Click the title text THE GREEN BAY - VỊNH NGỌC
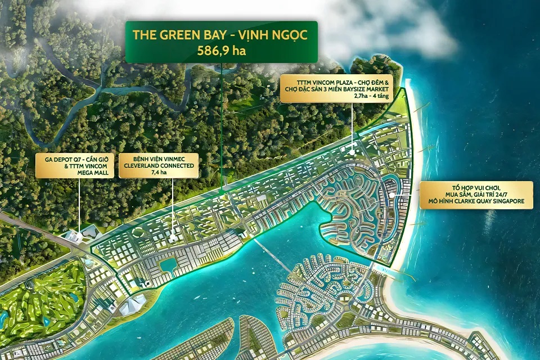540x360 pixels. click(x=221, y=34)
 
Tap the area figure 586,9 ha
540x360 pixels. click(x=221, y=49)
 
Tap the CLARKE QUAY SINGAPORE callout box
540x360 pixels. click(x=476, y=195)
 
